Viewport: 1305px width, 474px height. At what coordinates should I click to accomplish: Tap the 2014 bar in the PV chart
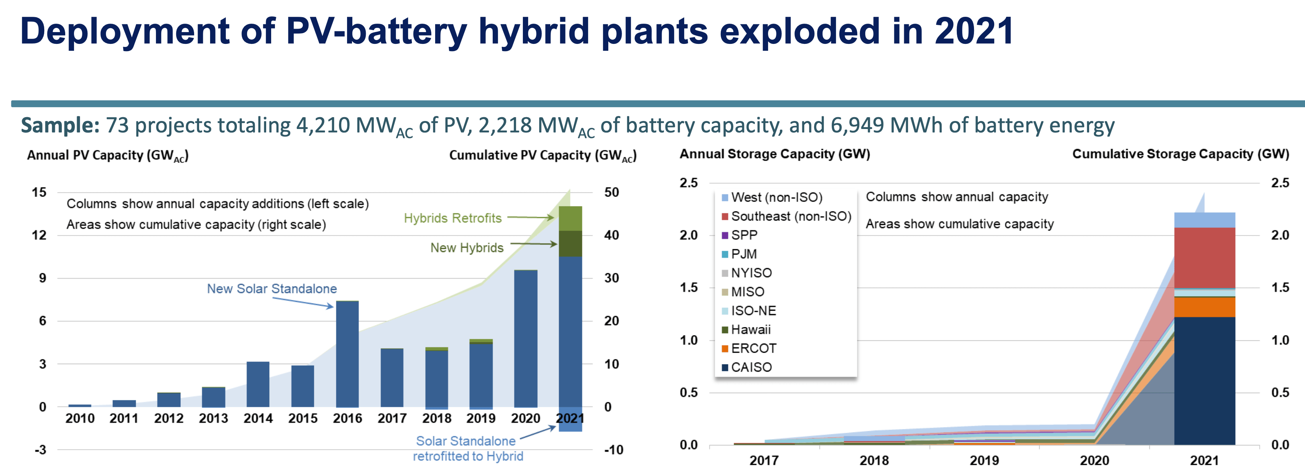click(x=258, y=384)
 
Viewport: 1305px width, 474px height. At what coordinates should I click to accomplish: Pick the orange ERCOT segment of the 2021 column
click(x=1204, y=307)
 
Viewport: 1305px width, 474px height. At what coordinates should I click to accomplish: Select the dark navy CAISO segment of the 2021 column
click(x=1204, y=380)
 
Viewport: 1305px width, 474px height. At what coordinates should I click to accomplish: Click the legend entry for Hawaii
click(x=750, y=329)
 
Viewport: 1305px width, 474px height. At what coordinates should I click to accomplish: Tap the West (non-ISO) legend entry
click(x=776, y=197)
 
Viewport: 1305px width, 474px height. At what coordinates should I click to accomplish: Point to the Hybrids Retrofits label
click(x=452, y=218)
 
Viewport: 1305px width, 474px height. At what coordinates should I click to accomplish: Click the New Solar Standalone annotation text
click(x=272, y=289)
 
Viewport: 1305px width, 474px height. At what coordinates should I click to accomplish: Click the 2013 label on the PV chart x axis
click(x=213, y=418)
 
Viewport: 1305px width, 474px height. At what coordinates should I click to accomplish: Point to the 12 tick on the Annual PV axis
click(x=39, y=235)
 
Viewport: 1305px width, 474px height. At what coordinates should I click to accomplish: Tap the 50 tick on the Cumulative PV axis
click(x=611, y=192)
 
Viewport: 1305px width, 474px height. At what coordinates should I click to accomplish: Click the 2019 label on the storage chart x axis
click(x=984, y=460)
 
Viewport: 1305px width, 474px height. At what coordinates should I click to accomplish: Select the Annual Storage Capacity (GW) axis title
click(x=775, y=154)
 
